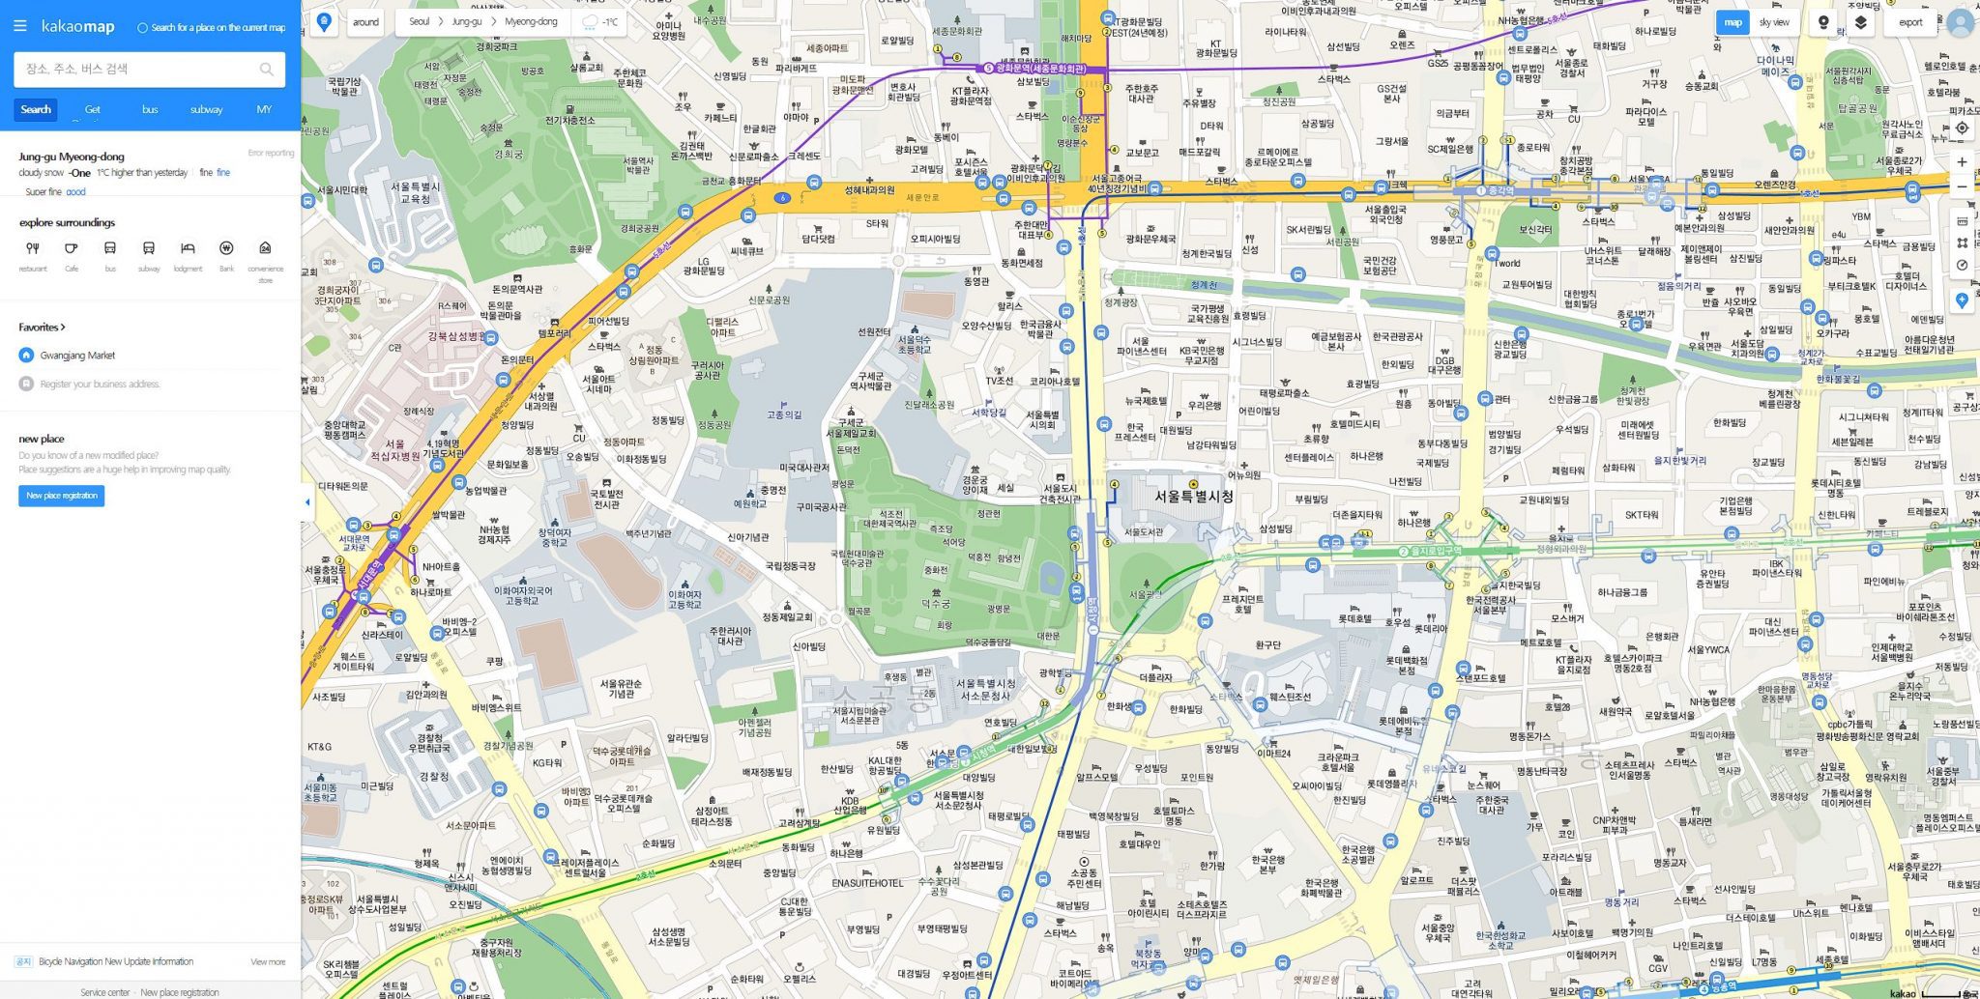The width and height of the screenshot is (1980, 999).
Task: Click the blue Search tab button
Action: point(36,109)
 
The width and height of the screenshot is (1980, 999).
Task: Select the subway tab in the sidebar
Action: point(206,109)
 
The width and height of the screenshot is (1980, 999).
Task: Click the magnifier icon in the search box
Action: point(266,69)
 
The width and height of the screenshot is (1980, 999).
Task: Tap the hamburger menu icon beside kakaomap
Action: point(19,26)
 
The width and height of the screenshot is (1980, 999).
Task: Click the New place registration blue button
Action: point(61,496)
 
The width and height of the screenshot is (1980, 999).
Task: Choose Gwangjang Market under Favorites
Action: point(77,356)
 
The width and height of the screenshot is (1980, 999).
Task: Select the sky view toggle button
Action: point(1773,22)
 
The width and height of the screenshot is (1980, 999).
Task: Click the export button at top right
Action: point(1910,22)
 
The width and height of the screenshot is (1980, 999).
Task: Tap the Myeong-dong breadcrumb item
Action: point(531,21)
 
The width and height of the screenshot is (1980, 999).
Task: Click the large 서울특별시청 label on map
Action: point(1194,496)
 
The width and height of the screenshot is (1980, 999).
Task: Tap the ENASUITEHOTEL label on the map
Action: point(867,883)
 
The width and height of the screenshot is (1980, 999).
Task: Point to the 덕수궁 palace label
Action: point(935,604)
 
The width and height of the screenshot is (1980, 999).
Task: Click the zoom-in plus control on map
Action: point(1962,162)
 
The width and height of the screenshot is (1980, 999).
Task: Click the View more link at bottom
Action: point(268,961)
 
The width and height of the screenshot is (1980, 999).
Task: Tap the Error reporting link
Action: point(271,153)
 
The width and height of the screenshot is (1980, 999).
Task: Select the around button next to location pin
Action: point(365,21)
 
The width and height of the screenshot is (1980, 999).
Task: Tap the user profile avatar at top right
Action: point(1960,22)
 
